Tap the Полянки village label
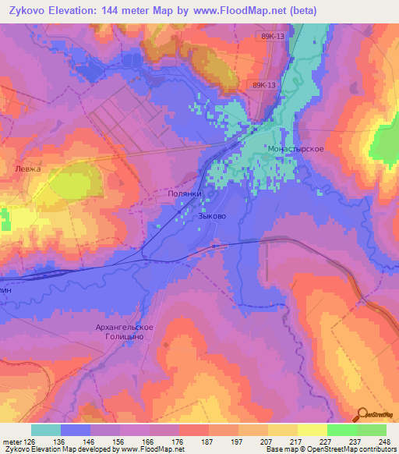tap(185, 194)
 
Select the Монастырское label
tap(295, 148)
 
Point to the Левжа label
tap(26, 168)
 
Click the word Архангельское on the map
tap(125, 327)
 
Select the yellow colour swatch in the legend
tap(312, 430)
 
